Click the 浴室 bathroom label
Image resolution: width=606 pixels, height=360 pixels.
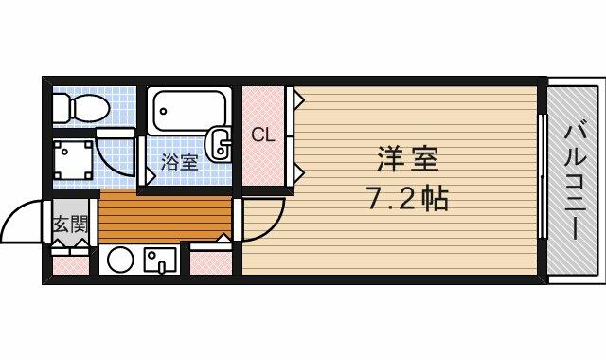click(180, 162)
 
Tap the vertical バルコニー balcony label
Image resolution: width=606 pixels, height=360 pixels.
click(576, 179)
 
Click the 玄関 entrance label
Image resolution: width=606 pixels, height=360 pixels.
click(69, 225)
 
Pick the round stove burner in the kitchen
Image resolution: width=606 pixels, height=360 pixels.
click(119, 259)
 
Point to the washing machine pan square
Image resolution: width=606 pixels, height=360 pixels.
click(72, 158)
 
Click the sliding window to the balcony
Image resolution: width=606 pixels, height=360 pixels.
click(543, 178)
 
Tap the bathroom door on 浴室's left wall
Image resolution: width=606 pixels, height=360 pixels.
click(143, 161)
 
